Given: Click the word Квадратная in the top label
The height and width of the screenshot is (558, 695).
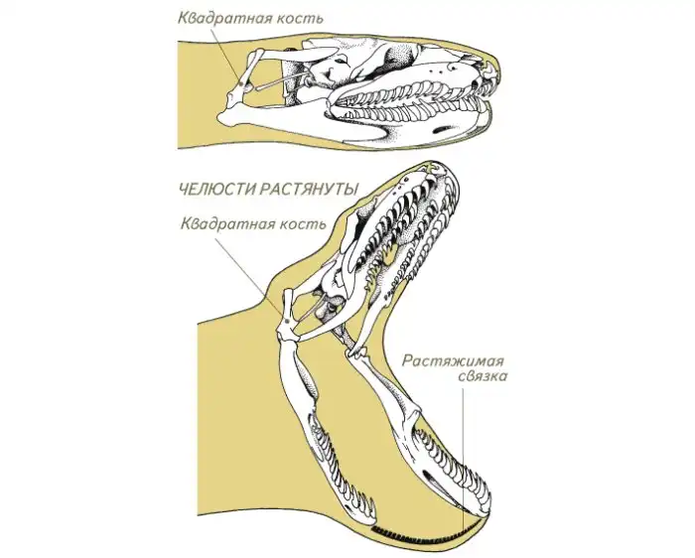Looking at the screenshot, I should [x=212, y=17].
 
